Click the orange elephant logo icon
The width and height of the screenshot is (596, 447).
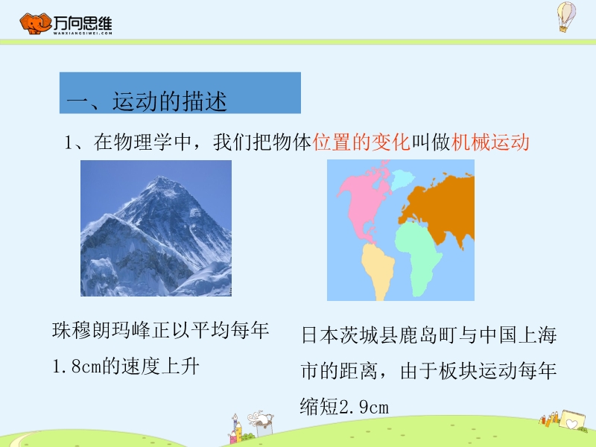(x=35, y=24)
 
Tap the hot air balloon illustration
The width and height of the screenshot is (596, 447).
(x=566, y=16)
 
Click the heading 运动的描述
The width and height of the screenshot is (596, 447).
(x=170, y=101)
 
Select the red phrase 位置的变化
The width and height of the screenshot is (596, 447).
(x=361, y=142)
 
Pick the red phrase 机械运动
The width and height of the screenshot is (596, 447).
(x=490, y=142)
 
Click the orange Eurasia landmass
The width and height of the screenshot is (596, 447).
(x=441, y=207)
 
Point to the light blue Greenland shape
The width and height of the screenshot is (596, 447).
(x=402, y=179)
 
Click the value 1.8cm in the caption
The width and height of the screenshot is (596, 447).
(x=77, y=367)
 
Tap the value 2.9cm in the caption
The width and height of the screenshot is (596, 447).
(x=364, y=407)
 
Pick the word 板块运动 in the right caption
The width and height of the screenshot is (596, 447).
(x=478, y=371)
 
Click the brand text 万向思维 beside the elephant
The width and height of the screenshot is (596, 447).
(x=83, y=23)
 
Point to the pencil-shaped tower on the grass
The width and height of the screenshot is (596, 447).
(x=237, y=429)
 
